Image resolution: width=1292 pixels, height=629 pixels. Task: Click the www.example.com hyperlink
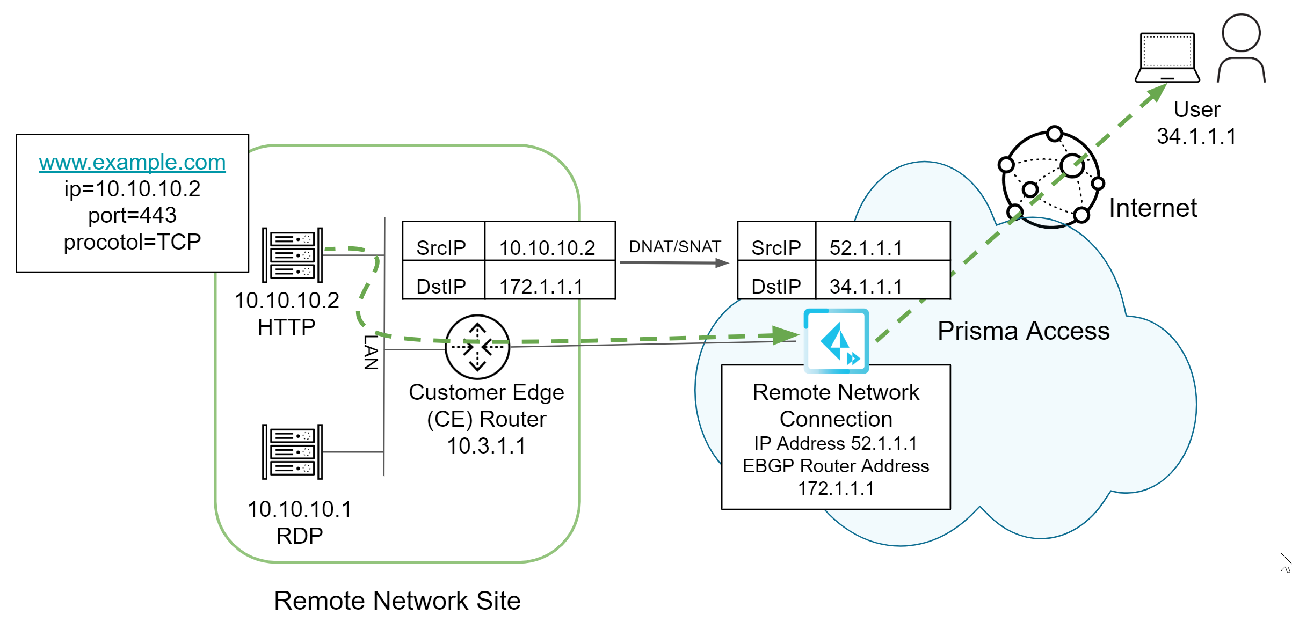pyautogui.click(x=132, y=162)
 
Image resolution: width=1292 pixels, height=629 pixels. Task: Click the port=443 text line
pyautogui.click(x=132, y=215)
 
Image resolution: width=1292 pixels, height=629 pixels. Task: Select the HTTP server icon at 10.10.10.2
pyautogui.click(x=292, y=255)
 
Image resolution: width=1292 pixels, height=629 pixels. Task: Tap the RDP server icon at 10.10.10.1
pyautogui.click(x=292, y=452)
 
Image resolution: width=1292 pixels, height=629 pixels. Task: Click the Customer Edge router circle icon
pyautogui.click(x=477, y=347)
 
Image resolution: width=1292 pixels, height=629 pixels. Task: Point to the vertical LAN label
pyautogui.click(x=371, y=353)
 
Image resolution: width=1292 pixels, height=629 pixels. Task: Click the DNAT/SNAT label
pyautogui.click(x=674, y=247)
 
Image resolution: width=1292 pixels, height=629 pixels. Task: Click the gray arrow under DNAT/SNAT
pyautogui.click(x=674, y=263)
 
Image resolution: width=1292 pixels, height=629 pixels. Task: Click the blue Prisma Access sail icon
pyautogui.click(x=836, y=341)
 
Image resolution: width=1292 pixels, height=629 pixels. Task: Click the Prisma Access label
pyautogui.click(x=1024, y=331)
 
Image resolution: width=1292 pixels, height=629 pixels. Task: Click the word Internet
pyautogui.click(x=1153, y=208)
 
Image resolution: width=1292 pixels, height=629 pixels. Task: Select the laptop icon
pyautogui.click(x=1167, y=58)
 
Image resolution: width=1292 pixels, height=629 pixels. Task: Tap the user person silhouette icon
pyautogui.click(x=1241, y=48)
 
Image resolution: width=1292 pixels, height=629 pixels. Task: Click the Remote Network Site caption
pyautogui.click(x=397, y=601)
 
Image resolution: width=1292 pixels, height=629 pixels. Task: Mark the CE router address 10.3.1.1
pyautogui.click(x=487, y=446)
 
